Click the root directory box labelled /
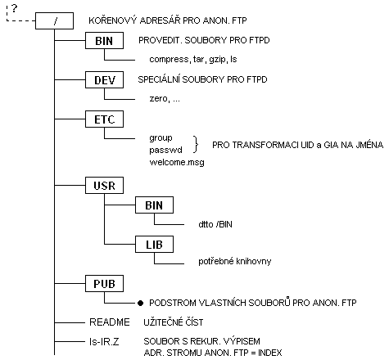click(x=55, y=20)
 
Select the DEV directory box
click(x=104, y=79)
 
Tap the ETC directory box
click(x=104, y=119)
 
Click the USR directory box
click(x=104, y=186)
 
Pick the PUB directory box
click(x=104, y=284)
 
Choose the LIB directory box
click(x=154, y=245)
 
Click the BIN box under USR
click(x=154, y=205)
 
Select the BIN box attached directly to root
click(x=104, y=41)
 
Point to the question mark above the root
click(x=14, y=8)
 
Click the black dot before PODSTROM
click(x=140, y=303)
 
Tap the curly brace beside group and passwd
click(x=196, y=144)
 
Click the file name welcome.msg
click(x=177, y=162)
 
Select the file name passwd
click(x=165, y=150)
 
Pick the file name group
click(x=161, y=138)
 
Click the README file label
click(x=110, y=322)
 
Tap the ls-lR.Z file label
click(x=104, y=341)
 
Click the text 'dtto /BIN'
click(x=215, y=224)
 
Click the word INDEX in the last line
click(x=269, y=353)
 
